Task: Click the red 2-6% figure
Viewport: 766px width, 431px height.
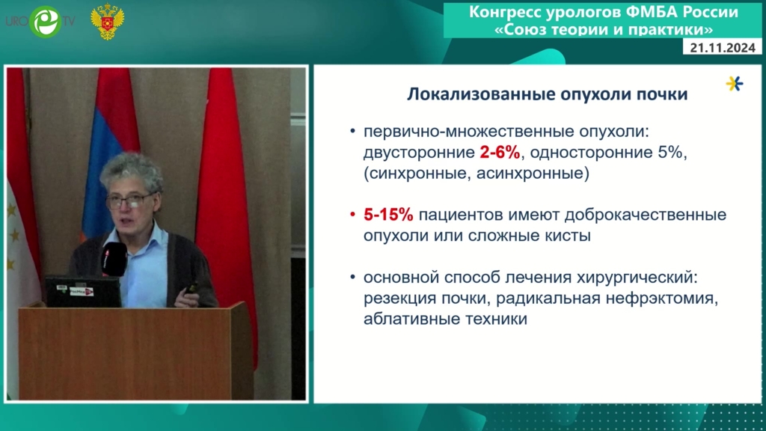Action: [x=500, y=153]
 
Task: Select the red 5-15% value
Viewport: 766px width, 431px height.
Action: [x=388, y=215]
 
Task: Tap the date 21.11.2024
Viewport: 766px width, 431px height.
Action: [x=723, y=47]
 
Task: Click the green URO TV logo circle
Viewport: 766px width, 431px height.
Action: [x=46, y=22]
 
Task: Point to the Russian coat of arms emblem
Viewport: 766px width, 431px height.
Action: [x=108, y=21]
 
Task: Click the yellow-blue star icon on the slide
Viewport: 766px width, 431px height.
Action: [x=735, y=84]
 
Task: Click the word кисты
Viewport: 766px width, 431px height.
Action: [x=568, y=236]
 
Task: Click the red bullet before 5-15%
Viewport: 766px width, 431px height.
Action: [x=353, y=215]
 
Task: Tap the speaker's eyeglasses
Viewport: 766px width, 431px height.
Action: [x=129, y=200]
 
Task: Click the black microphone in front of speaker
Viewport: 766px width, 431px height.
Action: [x=114, y=259]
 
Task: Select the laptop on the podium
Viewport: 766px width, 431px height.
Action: [x=83, y=292]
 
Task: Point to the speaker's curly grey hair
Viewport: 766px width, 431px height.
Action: [x=131, y=171]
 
